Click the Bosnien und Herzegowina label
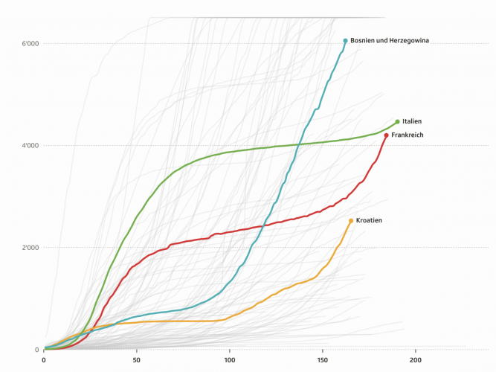point(390,40)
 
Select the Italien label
point(412,121)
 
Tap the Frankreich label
point(407,135)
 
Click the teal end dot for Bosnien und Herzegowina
point(346,40)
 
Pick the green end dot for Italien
point(397,121)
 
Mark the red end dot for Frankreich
point(387,135)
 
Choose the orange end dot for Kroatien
point(351,221)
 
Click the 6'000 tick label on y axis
point(30,43)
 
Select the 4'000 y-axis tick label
point(30,145)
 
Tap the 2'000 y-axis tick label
point(30,248)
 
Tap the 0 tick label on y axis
point(36,350)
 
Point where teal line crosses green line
point(300,144)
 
